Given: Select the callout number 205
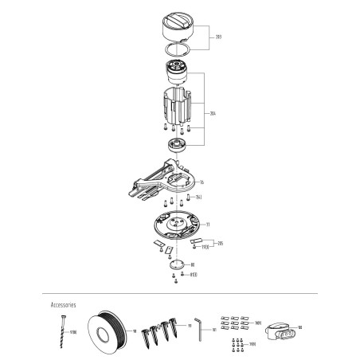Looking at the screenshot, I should pos(220,242).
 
